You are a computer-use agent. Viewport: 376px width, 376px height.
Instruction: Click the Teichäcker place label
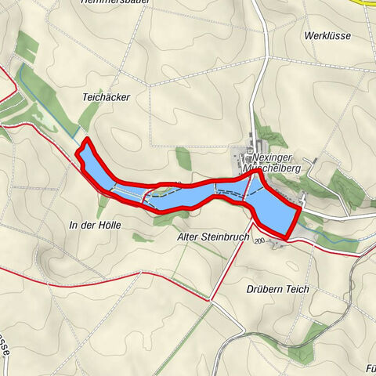(106, 97)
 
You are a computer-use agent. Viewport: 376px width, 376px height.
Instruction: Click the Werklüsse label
(328, 36)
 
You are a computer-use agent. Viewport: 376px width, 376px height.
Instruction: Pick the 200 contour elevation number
(260, 241)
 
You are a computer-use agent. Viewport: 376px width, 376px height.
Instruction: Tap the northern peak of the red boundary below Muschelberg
(254, 175)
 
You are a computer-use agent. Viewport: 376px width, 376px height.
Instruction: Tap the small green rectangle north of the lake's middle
(183, 158)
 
